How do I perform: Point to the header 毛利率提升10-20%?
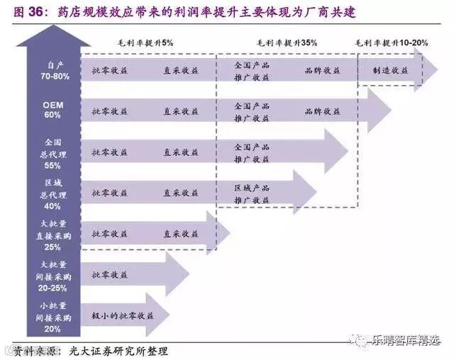(x=392, y=43)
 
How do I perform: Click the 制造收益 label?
(x=389, y=71)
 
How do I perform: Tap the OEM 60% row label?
(x=52, y=110)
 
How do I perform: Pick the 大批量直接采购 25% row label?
(x=52, y=235)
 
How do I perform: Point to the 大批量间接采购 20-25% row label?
(x=52, y=276)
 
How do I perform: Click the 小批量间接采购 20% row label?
(x=52, y=317)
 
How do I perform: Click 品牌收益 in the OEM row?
(x=322, y=111)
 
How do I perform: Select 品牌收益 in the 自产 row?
(x=322, y=71)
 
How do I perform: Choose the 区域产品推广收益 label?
(x=252, y=193)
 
